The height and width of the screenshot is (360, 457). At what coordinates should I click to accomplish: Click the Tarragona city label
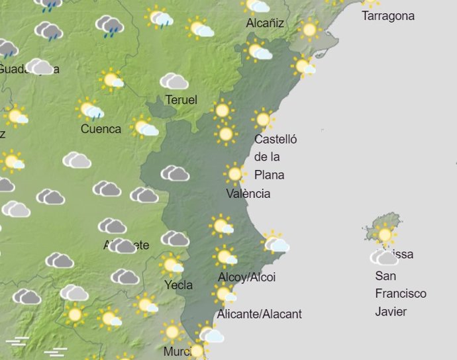(388, 16)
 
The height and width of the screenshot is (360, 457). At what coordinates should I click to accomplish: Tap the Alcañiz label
(265, 23)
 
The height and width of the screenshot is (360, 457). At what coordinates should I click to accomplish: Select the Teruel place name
(181, 100)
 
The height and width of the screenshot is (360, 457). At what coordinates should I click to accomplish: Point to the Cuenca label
(101, 129)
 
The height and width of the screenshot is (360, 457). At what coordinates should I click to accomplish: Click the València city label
(248, 194)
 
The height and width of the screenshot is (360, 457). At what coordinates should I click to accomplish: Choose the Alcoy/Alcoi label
(246, 277)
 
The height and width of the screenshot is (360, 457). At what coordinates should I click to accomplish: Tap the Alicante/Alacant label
(260, 314)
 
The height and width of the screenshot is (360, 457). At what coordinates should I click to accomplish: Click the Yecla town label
(178, 285)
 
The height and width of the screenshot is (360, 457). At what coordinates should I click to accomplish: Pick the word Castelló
(276, 140)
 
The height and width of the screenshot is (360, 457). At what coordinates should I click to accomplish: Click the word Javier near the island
(391, 312)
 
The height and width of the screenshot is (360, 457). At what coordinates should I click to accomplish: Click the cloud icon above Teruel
(174, 81)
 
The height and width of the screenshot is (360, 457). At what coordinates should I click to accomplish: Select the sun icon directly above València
(234, 174)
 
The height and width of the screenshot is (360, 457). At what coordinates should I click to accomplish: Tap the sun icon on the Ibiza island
(383, 234)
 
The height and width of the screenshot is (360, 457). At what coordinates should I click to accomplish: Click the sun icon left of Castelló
(226, 134)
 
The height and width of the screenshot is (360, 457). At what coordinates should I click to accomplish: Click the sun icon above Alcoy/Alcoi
(225, 255)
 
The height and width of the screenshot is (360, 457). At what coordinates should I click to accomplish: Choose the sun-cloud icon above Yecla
(172, 265)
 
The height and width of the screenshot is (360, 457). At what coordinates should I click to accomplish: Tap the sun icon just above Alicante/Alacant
(224, 294)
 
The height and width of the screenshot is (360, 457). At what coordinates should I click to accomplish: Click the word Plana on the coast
(269, 175)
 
